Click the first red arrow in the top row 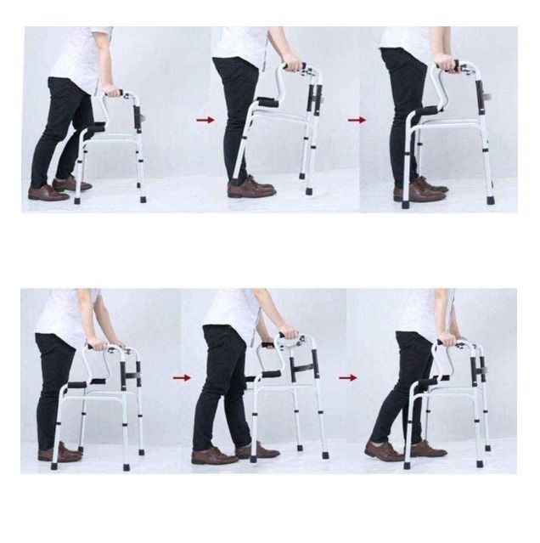[205, 120]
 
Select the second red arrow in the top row [357, 120]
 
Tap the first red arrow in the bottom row [181, 377]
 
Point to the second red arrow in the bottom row [347, 377]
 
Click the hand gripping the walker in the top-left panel [111, 90]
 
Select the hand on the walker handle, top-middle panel [292, 65]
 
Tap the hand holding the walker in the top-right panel [445, 64]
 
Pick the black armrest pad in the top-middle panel [267, 102]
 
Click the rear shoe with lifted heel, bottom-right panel [384, 450]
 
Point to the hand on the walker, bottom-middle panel [289, 333]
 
